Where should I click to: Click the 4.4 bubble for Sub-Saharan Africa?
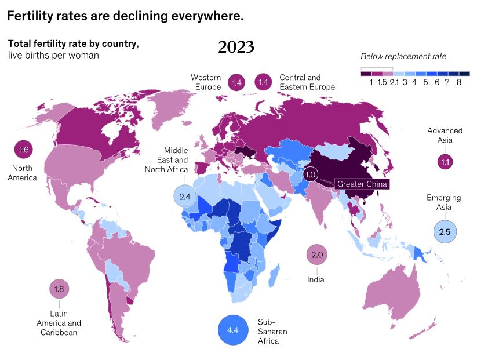point(233,330)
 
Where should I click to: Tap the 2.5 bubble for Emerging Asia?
point(445,232)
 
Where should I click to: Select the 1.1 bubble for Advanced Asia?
point(445,162)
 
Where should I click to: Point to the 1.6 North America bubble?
point(23,150)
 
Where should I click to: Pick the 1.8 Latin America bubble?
point(59,289)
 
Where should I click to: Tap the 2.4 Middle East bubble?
point(185,197)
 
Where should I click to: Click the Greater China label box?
point(361,184)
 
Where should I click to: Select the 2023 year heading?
point(236,47)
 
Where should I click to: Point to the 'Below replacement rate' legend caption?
point(403,56)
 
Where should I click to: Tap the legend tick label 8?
point(459,82)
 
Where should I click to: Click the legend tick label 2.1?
point(394,82)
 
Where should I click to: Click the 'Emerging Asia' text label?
point(444,202)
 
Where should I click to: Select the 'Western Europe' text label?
point(206,82)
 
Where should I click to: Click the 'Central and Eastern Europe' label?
point(307,82)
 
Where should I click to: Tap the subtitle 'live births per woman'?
point(53,55)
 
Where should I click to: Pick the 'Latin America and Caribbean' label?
point(59,323)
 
